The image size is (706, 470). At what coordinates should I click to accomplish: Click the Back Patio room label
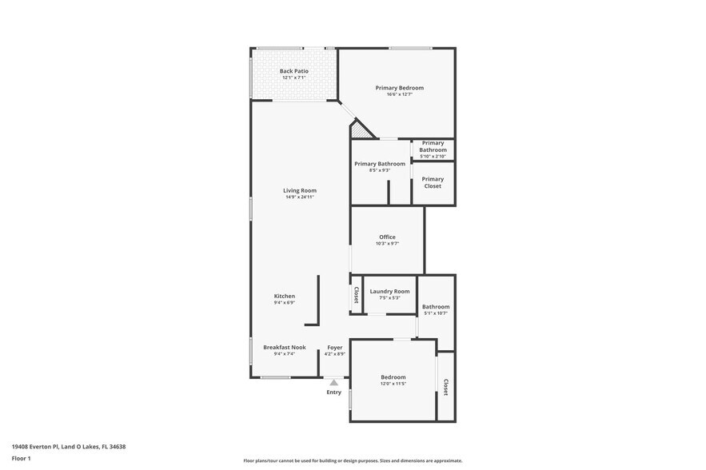(x=293, y=71)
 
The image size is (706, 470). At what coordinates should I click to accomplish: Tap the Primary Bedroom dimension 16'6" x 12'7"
(x=399, y=94)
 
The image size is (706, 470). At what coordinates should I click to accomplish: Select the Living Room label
(x=299, y=190)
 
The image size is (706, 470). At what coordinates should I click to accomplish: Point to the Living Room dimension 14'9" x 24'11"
(x=299, y=197)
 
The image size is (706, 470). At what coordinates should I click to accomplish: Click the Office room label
(x=387, y=237)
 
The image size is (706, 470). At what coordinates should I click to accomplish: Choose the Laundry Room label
(x=389, y=291)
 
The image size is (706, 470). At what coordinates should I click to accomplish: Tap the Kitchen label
(x=284, y=296)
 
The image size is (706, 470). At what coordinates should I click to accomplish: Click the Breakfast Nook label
(x=284, y=347)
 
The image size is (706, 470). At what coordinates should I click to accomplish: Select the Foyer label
(x=335, y=348)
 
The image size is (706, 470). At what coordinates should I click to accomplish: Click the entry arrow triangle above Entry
(x=333, y=383)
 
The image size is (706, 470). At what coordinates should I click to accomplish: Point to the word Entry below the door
(x=333, y=392)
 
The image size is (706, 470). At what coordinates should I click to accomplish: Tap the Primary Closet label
(x=433, y=182)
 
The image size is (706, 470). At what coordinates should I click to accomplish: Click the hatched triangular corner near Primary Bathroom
(x=363, y=130)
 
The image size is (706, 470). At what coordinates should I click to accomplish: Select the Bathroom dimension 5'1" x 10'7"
(x=436, y=313)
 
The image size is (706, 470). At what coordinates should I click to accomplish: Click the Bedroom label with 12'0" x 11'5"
(x=393, y=377)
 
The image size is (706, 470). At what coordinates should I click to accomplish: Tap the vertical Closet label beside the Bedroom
(x=445, y=388)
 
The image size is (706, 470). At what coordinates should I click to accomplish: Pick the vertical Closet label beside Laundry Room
(x=356, y=295)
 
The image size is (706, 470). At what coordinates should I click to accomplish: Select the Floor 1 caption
(x=21, y=458)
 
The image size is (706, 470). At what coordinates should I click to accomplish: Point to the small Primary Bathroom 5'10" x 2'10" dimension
(x=433, y=157)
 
